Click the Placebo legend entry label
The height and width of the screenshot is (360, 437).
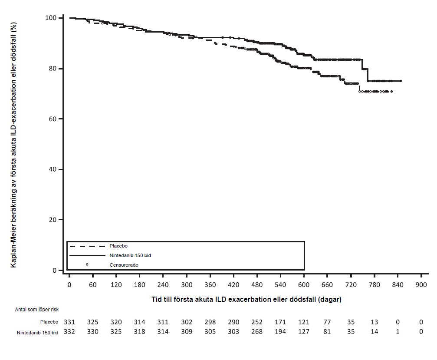pos(118,246)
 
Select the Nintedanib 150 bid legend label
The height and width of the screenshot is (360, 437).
pos(130,255)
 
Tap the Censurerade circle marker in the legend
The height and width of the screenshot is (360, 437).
pos(87,264)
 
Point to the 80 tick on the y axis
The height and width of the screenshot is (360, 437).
pos(53,68)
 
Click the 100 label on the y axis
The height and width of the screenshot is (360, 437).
pos(51,18)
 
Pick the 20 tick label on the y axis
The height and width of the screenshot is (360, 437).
pos(53,220)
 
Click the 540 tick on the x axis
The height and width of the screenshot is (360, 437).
pos(280,285)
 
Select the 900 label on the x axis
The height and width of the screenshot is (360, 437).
pos(421,285)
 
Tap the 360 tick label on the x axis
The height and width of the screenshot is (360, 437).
pos(210,285)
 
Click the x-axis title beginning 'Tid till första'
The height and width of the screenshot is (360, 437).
pos(246,300)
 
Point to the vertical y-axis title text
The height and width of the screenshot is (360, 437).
pos(13,145)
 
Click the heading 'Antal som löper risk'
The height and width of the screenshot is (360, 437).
pos(37,310)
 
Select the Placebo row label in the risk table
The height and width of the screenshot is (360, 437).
pos(49,322)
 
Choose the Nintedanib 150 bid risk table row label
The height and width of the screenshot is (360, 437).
pos(38,333)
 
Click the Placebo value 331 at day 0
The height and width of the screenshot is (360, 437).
pos(69,322)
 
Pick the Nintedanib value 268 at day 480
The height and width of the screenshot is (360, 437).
pos(256,332)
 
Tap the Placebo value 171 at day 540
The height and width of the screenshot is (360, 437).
pos(280,322)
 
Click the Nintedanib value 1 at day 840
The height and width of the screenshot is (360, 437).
pos(398,332)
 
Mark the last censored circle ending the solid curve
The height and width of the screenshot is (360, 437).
pos(401,81)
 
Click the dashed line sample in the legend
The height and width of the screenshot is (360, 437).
pos(87,246)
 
